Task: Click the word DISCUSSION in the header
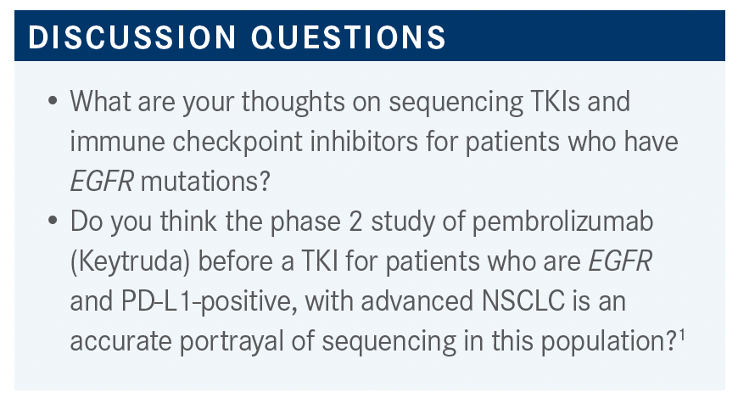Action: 131,36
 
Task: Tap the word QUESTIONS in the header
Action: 349,37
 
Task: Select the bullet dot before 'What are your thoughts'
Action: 53,101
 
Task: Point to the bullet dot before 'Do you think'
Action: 53,221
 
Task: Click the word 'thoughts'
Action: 294,101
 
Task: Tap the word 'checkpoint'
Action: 238,142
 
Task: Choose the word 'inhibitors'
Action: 364,141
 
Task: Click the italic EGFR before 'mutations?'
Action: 102,182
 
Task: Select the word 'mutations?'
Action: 205,182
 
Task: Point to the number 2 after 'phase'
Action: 355,222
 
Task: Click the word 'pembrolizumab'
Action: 562,221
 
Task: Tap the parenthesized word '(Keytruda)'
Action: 131,261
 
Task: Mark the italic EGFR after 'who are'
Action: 620,261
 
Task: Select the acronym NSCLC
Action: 523,301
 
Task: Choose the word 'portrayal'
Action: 232,341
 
